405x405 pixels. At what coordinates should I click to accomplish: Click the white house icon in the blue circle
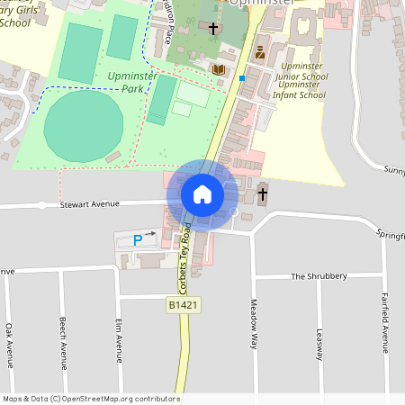[202, 193]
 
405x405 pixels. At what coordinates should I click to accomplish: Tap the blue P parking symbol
[138, 239]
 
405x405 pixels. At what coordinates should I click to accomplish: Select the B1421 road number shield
[183, 306]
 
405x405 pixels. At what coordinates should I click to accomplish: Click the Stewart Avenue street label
[89, 204]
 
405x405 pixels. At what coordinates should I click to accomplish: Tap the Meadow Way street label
[255, 323]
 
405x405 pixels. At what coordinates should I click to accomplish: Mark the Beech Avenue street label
[63, 343]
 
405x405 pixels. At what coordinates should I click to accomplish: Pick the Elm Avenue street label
[118, 339]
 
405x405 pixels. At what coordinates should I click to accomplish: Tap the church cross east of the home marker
[263, 193]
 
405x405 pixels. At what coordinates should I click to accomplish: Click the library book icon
[218, 69]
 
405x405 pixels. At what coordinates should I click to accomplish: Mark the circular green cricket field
[83, 126]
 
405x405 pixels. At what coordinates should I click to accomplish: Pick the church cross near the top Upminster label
[213, 30]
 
